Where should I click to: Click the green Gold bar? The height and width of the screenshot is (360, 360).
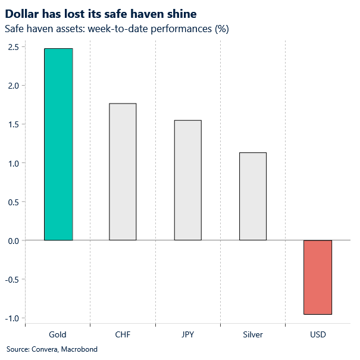[x=58, y=145]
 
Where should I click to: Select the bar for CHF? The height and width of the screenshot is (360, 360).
[x=123, y=172]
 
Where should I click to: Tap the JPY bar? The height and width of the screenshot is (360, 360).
[x=187, y=180]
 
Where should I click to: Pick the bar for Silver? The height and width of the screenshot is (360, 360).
[x=252, y=196]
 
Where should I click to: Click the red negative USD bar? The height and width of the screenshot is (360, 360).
[x=317, y=277]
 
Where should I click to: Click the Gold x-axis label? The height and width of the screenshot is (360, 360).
[x=58, y=334]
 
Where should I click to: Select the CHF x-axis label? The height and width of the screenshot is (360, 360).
[x=123, y=334]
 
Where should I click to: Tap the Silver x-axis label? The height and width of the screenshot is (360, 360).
[x=252, y=334]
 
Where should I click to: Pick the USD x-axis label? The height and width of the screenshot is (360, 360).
[x=317, y=334]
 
